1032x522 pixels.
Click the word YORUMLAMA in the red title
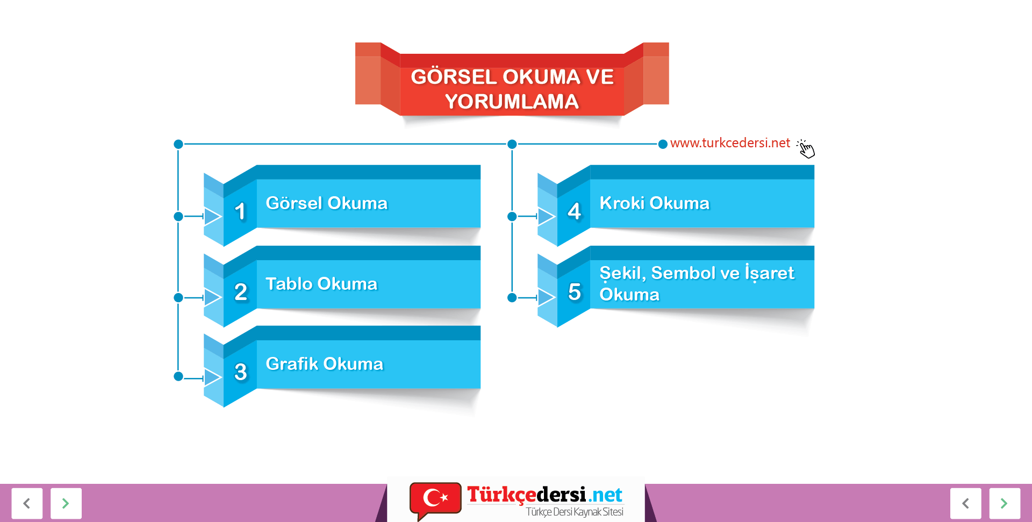pos(512,102)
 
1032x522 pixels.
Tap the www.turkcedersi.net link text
pos(730,143)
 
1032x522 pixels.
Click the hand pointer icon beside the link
pos(806,148)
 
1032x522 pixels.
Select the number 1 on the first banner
pos(240,211)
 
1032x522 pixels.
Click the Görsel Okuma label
pos(326,203)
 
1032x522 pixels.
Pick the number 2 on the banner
pos(240,292)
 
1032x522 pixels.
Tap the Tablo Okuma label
pos(321,284)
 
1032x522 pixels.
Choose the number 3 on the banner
pos(240,372)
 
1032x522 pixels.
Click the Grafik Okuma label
pos(324,364)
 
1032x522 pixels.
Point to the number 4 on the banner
pos(574,211)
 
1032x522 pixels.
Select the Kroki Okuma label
pos(654,203)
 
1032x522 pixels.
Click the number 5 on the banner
pos(574,292)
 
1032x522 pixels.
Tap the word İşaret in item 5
pos(769,273)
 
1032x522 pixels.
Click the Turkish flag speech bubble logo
pos(435,499)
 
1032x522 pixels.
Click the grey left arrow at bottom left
pos(27,503)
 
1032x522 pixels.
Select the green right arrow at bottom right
pos(1004,503)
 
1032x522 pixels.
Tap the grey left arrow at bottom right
pos(965,503)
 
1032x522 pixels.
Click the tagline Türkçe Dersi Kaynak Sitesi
pos(574,512)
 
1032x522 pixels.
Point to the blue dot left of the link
pos(663,144)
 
